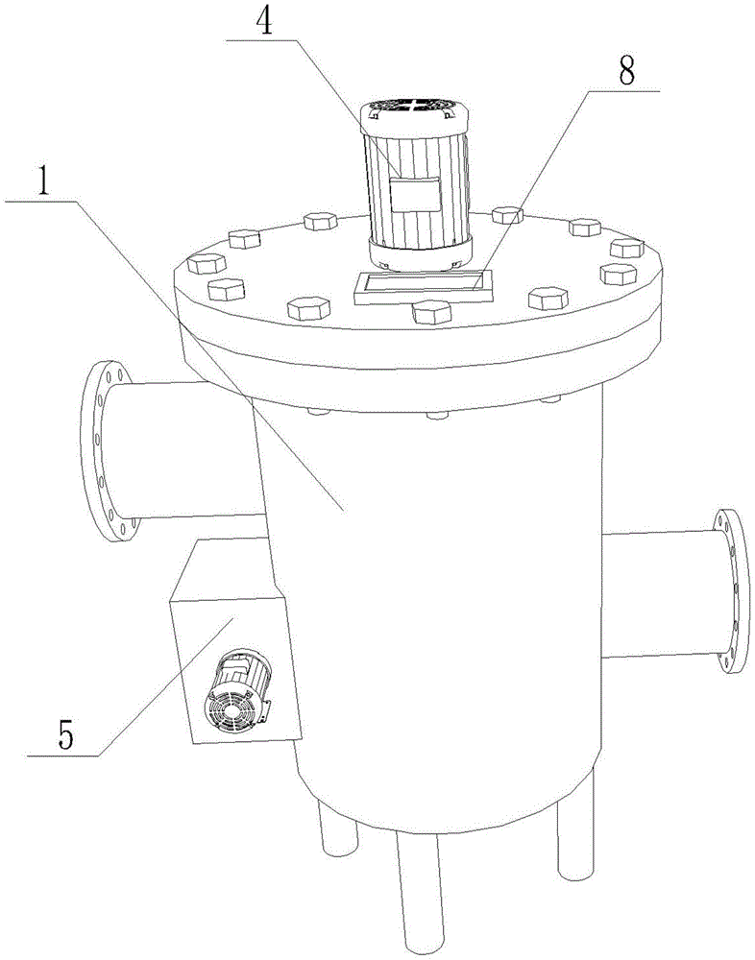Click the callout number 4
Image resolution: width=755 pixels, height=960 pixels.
[264, 22]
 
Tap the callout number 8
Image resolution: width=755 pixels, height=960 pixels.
[626, 73]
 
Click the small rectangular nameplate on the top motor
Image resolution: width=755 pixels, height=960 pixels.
[416, 195]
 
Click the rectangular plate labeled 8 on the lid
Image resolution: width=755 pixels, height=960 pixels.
[424, 286]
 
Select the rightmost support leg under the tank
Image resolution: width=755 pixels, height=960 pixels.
[576, 822]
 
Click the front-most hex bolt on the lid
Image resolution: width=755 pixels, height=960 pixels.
[432, 312]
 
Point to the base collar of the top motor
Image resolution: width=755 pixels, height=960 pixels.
[421, 254]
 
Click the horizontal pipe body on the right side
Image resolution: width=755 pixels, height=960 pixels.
[660, 594]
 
